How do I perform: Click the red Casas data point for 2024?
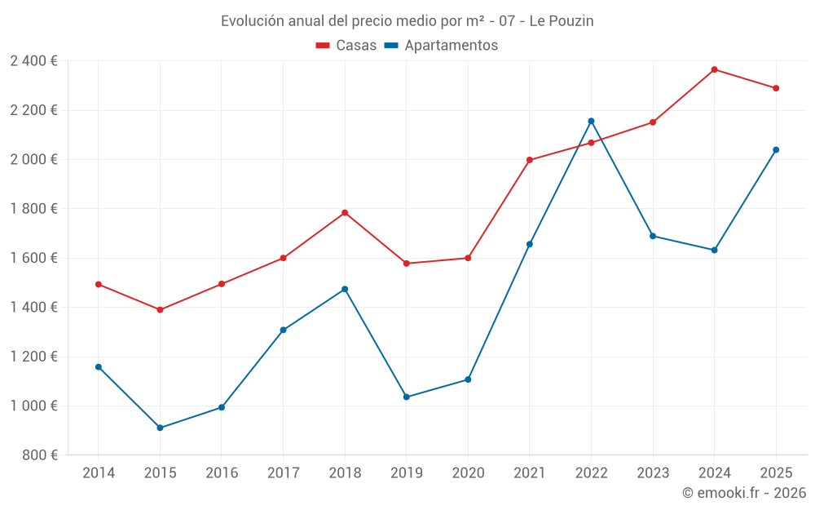(x=714, y=69)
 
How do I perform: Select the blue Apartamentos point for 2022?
(x=591, y=121)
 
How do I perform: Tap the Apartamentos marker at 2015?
(x=160, y=428)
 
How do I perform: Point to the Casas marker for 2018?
(x=345, y=213)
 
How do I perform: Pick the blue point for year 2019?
(x=406, y=397)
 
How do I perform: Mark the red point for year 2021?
(x=530, y=160)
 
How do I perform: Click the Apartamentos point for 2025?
(x=776, y=149)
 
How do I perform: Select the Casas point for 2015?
(x=160, y=310)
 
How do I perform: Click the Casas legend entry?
(x=346, y=46)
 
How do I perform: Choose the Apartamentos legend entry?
(x=441, y=46)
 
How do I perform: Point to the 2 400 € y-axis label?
(x=33, y=61)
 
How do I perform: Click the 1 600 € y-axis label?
(x=33, y=258)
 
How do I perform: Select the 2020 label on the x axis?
(x=468, y=473)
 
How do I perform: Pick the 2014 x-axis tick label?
(x=99, y=473)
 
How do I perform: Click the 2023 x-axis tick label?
(x=653, y=473)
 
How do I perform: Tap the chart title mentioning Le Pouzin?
(x=407, y=20)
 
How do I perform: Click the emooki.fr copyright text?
(x=743, y=493)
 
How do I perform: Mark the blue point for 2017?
(x=283, y=330)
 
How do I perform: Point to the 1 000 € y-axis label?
(x=33, y=406)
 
